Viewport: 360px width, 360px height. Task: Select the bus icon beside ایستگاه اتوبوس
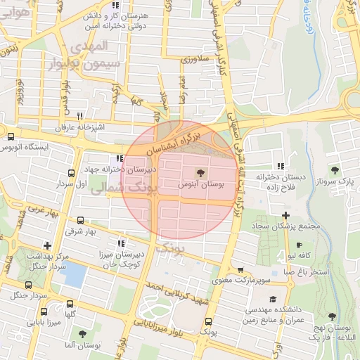click(x=10, y=136)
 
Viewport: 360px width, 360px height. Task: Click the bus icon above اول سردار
click(x=70, y=172)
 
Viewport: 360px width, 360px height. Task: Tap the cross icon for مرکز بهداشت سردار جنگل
click(x=47, y=245)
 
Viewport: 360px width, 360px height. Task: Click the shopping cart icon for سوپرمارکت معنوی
click(x=241, y=270)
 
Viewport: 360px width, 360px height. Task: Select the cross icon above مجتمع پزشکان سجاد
click(x=285, y=215)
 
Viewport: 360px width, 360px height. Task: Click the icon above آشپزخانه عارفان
click(x=79, y=116)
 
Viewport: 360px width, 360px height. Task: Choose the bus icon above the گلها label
click(x=69, y=304)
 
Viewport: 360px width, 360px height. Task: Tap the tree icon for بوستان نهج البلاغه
click(x=332, y=317)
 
